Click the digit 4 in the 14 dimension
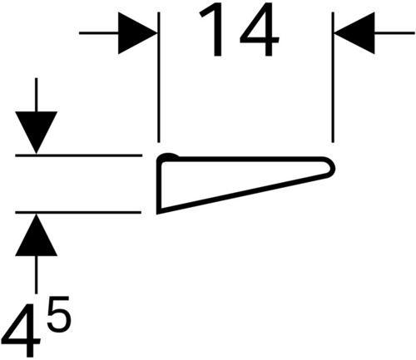[x=260, y=31]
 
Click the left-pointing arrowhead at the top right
[x=354, y=33]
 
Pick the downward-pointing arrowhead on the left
[x=36, y=132]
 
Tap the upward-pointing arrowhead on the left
[x=36, y=234]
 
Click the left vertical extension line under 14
[x=158, y=77]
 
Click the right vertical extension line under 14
[x=333, y=77]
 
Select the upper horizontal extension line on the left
[x=78, y=155]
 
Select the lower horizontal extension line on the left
[x=78, y=213]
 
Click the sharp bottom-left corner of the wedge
[x=158, y=213]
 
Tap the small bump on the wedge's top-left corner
[x=169, y=155]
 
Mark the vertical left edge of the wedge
[x=158, y=185]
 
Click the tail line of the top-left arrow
[x=99, y=33]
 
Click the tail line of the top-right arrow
[x=394, y=33]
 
